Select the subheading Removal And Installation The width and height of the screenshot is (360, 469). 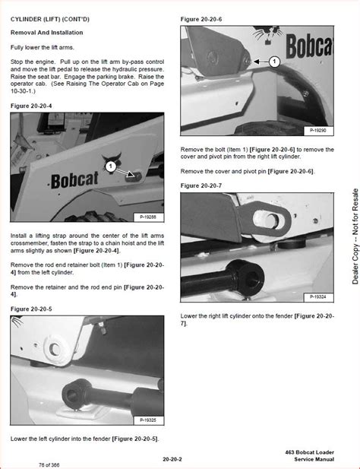pyautogui.click(x=47, y=33)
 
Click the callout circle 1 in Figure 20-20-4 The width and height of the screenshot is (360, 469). pyautogui.click(x=110, y=165)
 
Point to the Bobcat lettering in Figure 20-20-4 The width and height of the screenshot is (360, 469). pyautogui.click(x=78, y=181)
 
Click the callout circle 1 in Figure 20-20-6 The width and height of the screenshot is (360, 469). pyautogui.click(x=274, y=61)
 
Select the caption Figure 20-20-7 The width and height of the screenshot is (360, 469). pyautogui.click(x=201, y=185)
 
